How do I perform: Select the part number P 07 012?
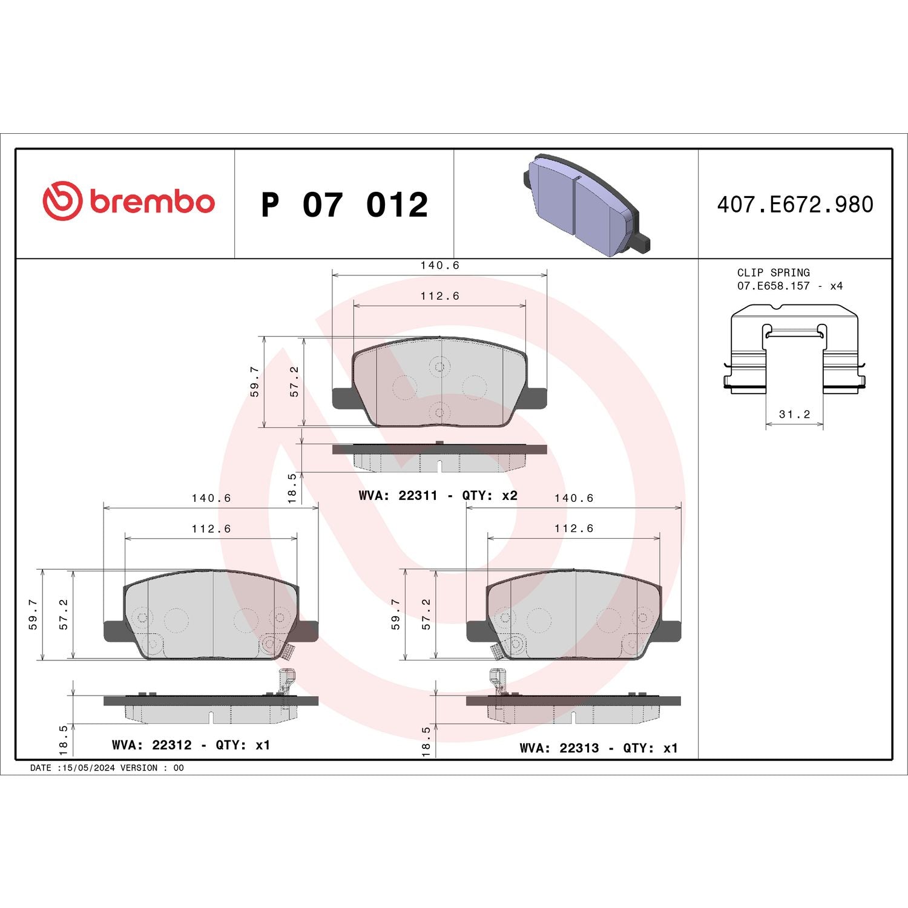click(x=344, y=205)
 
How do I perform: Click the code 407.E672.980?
click(x=795, y=205)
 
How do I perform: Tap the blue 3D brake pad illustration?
click(x=585, y=204)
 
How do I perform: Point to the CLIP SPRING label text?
click(x=773, y=273)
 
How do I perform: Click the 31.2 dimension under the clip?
click(x=794, y=415)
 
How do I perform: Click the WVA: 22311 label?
click(x=398, y=496)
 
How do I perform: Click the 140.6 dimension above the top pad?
click(x=440, y=266)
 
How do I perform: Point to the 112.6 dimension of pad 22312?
click(x=211, y=529)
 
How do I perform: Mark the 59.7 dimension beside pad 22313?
click(x=396, y=614)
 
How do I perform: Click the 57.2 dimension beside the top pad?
click(x=295, y=381)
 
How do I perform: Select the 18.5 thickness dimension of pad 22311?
click(x=292, y=488)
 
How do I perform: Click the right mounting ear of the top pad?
click(x=536, y=398)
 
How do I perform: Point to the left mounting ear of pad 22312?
click(x=115, y=631)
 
